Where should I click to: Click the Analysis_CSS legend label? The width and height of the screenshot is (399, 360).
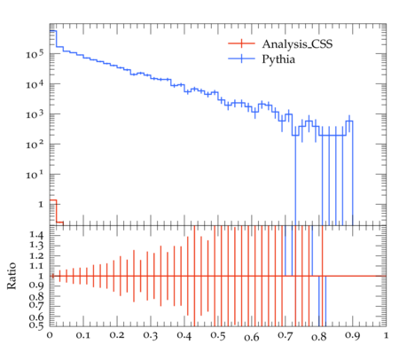(x=297, y=44)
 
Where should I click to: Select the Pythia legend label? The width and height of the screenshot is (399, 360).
(x=278, y=59)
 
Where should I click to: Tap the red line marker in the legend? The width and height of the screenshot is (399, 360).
(x=241, y=43)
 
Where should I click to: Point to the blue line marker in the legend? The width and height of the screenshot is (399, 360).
(x=241, y=59)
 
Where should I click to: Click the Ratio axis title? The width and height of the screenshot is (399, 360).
(x=12, y=276)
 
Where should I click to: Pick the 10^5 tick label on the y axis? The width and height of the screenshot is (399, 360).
(x=35, y=54)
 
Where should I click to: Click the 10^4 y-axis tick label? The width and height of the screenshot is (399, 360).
(x=35, y=84)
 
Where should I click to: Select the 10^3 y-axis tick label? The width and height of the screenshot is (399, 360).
(x=35, y=113)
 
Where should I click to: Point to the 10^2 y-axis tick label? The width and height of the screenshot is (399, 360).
(x=35, y=144)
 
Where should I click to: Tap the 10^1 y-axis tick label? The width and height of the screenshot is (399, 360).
(x=35, y=174)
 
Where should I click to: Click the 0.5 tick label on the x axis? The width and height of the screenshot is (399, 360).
(x=218, y=336)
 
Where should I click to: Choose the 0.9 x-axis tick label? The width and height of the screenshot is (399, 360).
(x=353, y=336)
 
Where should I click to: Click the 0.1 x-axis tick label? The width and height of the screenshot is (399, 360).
(x=83, y=336)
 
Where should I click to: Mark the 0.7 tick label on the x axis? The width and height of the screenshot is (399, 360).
(x=286, y=336)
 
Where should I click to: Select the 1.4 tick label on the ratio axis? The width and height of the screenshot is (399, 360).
(x=36, y=236)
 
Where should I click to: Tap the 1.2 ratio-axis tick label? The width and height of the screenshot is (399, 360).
(x=36, y=255)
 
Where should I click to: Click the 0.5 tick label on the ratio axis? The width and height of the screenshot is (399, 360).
(x=36, y=325)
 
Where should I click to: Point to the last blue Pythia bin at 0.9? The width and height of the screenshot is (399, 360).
(x=349, y=121)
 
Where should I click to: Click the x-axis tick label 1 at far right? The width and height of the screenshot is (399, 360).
(x=386, y=335)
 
